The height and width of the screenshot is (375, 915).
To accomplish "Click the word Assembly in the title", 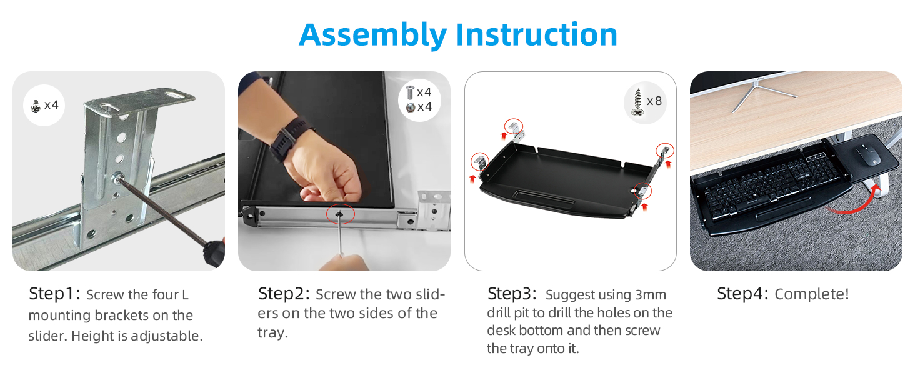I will pos(372,35).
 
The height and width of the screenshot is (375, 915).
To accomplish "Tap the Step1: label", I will pos(54,294).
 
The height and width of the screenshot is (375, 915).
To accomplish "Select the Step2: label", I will pos(284,294).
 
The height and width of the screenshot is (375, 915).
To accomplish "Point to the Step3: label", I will pos(512,294).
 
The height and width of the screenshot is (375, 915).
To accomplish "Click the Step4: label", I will pos(742,294).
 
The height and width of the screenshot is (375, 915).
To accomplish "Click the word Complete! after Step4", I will pos(812,294).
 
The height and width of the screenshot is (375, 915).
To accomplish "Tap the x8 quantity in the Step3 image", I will pos(654,101).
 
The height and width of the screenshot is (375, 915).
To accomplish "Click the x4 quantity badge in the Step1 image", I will pos(51,105).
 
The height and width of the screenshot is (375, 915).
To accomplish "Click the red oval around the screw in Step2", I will pos(341,214).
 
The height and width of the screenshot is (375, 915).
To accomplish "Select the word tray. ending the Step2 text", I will pos(272,332).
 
